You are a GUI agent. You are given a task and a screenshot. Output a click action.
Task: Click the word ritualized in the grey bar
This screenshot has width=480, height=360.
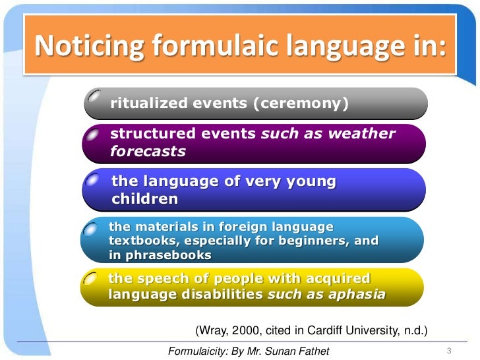(x=147, y=103)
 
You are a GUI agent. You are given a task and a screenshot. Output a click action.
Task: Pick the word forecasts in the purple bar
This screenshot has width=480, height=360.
(x=148, y=151)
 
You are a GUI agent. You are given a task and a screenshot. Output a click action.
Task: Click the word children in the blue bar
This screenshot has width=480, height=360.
(x=144, y=198)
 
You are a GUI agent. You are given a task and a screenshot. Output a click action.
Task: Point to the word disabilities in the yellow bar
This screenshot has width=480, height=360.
(x=213, y=294)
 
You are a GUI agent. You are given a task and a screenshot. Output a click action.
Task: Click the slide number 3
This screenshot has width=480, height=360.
(x=449, y=350)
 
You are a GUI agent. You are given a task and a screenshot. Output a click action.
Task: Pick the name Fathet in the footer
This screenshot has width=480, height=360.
(x=312, y=351)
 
